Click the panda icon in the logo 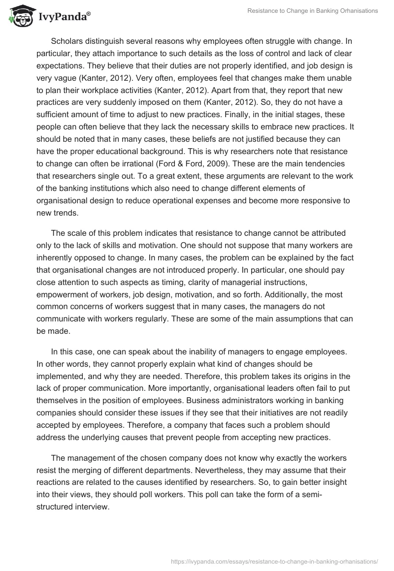point(18,16)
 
